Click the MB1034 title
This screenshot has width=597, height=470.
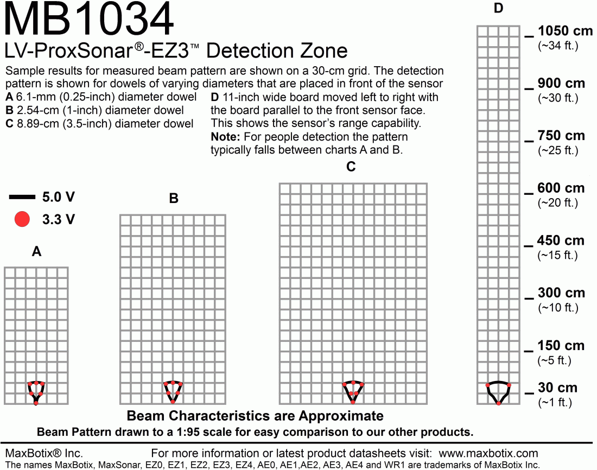[90, 21]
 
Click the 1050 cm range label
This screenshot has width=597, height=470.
[561, 31]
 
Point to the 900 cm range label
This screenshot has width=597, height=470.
[561, 84]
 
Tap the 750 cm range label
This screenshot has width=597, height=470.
[561, 136]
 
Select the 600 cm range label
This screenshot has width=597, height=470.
[561, 188]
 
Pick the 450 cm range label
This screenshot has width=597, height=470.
[561, 240]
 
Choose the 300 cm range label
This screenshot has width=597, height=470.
[561, 293]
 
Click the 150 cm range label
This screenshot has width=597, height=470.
[561, 346]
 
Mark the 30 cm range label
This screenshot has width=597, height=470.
[557, 388]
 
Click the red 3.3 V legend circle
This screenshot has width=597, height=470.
[22, 219]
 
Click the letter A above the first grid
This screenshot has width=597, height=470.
[36, 252]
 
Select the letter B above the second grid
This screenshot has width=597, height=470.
[174, 199]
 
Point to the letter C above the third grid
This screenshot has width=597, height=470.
[351, 167]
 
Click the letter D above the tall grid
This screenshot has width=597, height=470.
[499, 8]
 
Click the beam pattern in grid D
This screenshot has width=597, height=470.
[499, 391]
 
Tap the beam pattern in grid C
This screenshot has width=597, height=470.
[353, 391]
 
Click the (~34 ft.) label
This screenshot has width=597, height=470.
[557, 46]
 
